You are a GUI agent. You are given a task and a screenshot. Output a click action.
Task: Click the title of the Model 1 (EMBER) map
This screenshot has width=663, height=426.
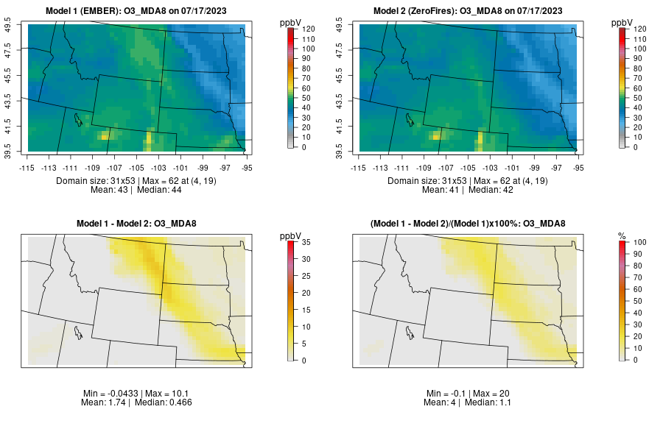click(139, 10)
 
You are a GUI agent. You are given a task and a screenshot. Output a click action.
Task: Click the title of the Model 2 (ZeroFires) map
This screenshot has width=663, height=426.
click(471, 10)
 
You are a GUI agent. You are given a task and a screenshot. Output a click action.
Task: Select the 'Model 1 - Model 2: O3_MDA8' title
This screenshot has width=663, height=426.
click(139, 223)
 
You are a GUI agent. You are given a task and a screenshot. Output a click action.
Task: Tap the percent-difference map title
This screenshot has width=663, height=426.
click(471, 223)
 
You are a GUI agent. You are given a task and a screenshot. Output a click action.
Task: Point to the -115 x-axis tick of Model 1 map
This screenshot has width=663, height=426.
click(27, 166)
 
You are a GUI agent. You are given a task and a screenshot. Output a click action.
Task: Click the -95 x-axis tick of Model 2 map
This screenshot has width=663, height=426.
click(580, 166)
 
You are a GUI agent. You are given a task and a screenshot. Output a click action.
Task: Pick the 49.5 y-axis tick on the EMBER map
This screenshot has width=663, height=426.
click(10, 26)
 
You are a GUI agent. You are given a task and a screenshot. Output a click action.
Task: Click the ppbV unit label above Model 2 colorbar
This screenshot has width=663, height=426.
click(622, 23)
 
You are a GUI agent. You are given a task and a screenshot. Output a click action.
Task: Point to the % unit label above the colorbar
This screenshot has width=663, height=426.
click(622, 235)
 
